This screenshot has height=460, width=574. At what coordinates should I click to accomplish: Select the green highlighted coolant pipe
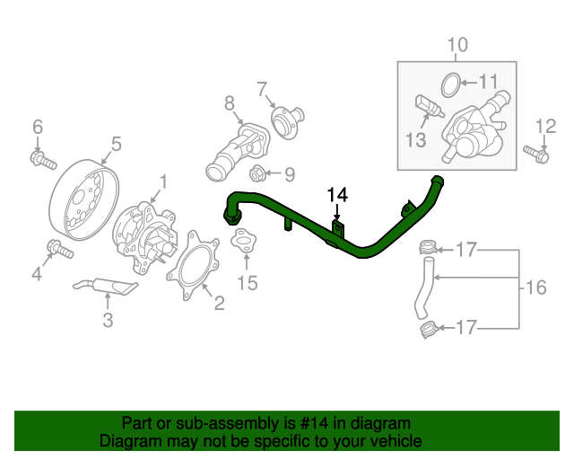point(359,250)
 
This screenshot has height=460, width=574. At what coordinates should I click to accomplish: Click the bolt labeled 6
point(39,161)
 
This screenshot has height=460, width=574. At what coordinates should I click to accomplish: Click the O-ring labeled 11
point(452,85)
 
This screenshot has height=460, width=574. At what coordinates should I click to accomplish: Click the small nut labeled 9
point(256,172)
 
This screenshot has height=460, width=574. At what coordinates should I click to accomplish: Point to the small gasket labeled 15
point(243,241)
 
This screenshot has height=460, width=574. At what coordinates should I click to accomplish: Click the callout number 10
point(457,44)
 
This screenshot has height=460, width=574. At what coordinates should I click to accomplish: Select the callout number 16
point(535,287)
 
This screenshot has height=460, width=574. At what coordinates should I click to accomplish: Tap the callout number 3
point(108,319)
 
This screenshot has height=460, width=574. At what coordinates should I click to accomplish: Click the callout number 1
point(162,183)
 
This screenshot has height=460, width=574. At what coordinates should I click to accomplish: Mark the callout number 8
point(229,103)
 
